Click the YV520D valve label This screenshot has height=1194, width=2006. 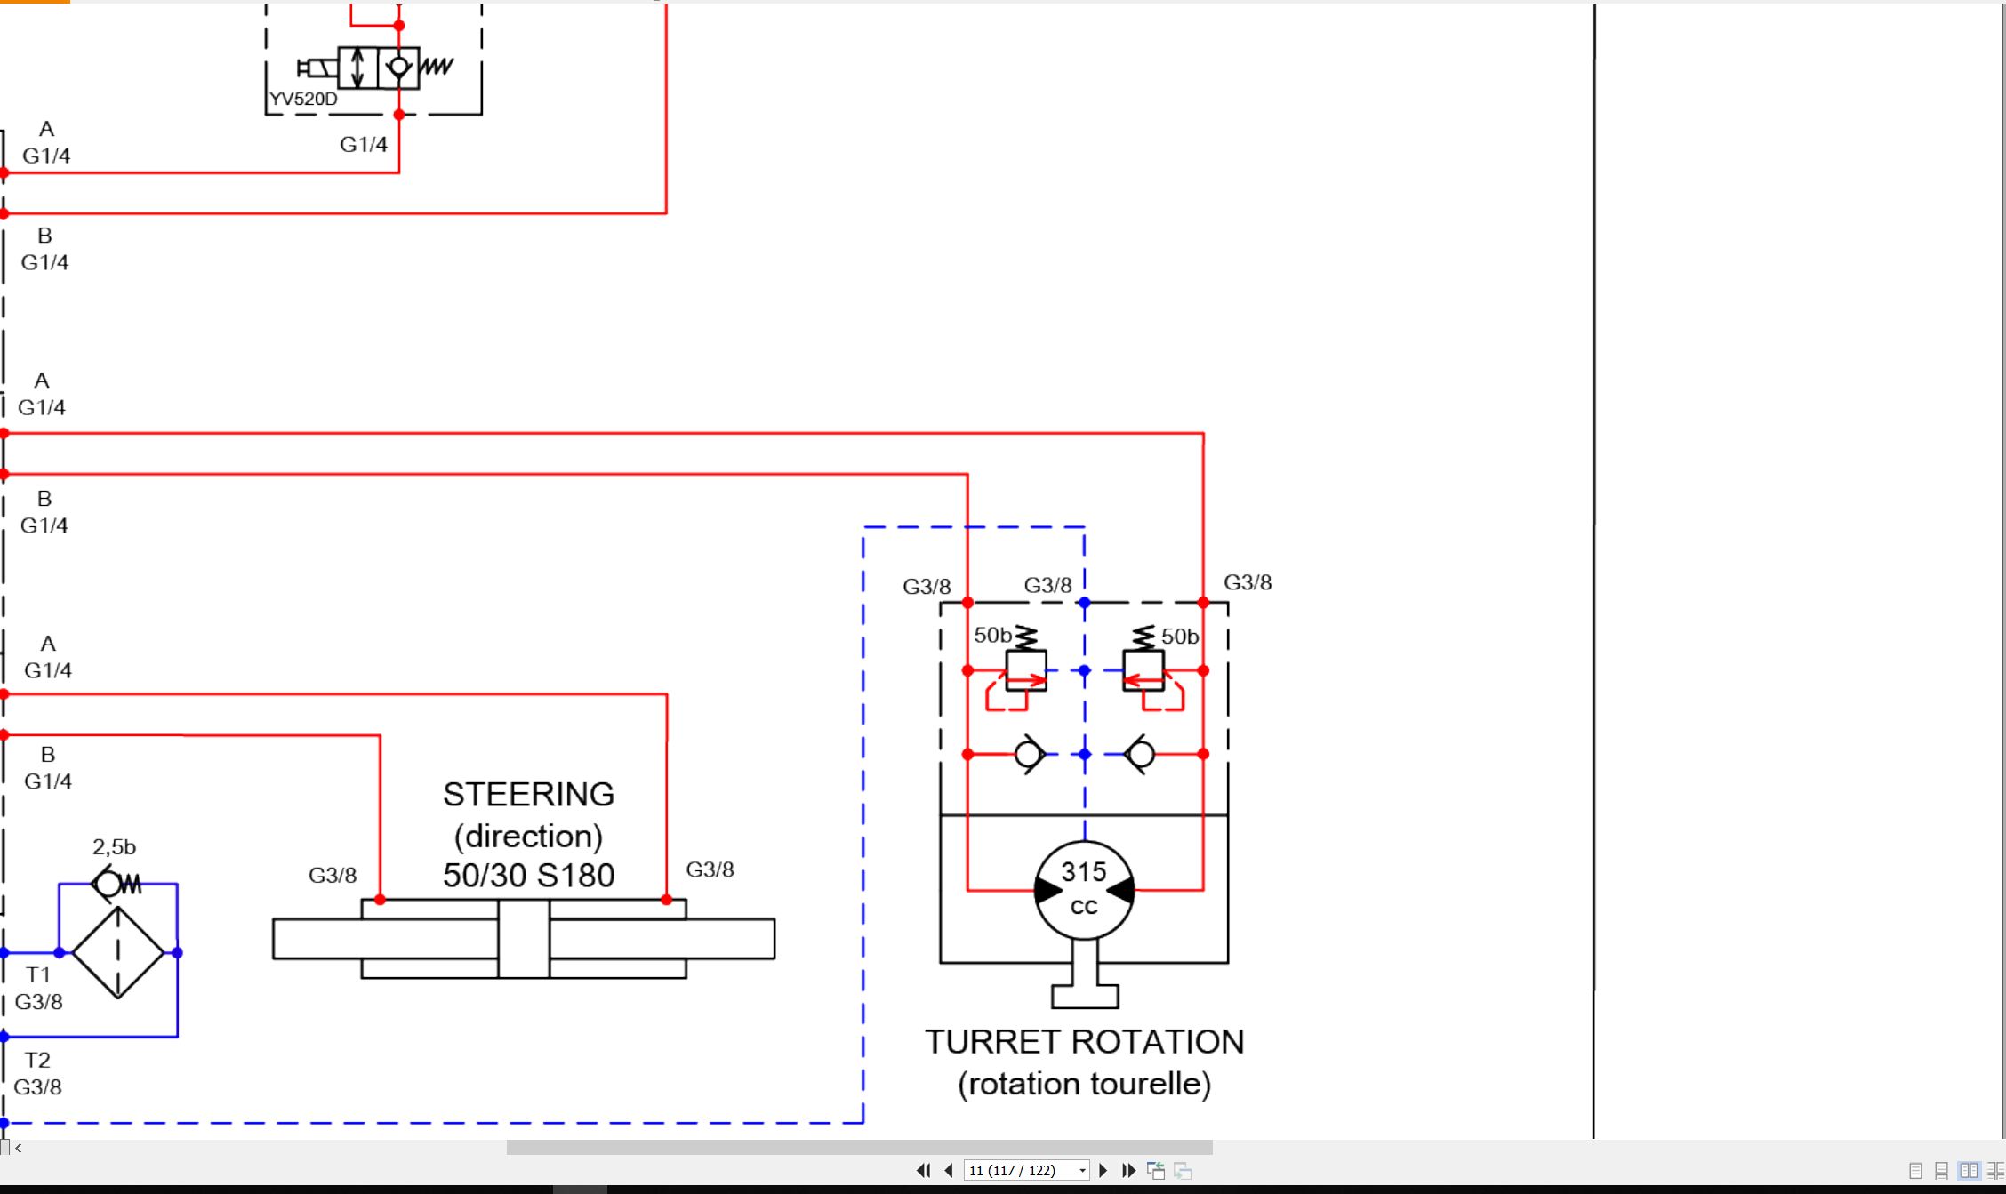tap(303, 99)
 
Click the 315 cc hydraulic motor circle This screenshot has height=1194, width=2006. tap(1084, 890)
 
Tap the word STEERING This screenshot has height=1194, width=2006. tap(528, 794)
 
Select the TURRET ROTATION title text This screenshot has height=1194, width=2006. tap(1084, 1041)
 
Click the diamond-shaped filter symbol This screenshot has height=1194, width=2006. tap(118, 952)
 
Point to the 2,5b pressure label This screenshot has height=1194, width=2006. tap(114, 846)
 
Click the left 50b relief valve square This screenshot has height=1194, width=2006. tap(1026, 670)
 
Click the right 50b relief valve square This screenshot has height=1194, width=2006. tap(1143, 670)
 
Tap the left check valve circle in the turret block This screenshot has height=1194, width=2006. tap(1029, 755)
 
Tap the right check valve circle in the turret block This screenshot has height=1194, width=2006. tap(1141, 755)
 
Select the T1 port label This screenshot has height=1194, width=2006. tap(38, 974)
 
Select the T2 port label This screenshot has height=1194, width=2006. tap(37, 1060)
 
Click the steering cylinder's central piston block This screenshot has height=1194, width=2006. tap(524, 939)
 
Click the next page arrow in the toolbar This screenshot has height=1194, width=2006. tap(1103, 1170)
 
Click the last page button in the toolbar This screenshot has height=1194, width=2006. tap(1129, 1170)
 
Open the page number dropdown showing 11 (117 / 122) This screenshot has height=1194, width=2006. tap(1027, 1170)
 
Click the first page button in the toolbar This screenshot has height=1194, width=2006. tap(923, 1170)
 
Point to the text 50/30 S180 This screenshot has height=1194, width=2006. tap(528, 875)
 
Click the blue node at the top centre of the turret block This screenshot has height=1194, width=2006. tap(1084, 603)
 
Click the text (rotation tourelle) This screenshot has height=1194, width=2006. tap(1084, 1084)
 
